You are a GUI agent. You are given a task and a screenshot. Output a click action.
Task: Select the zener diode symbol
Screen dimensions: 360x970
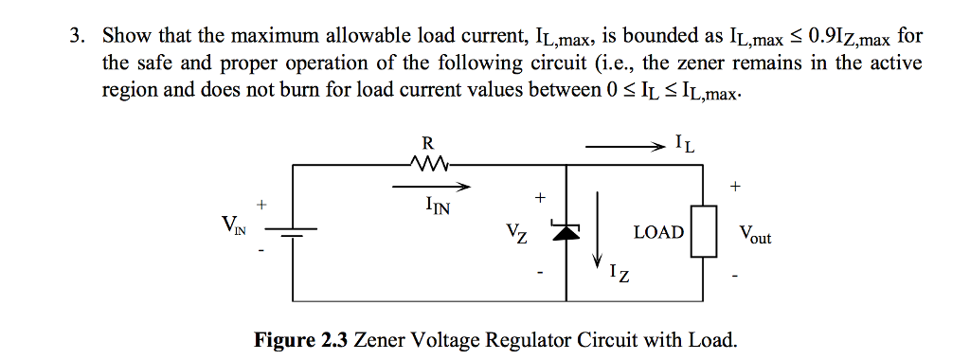[566, 232]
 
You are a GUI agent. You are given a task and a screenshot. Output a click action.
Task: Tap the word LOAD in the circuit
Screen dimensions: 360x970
[658, 232]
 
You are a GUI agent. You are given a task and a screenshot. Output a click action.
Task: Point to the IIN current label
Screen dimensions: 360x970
[438, 206]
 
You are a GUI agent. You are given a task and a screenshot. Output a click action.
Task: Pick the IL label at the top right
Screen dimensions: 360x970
[687, 145]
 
